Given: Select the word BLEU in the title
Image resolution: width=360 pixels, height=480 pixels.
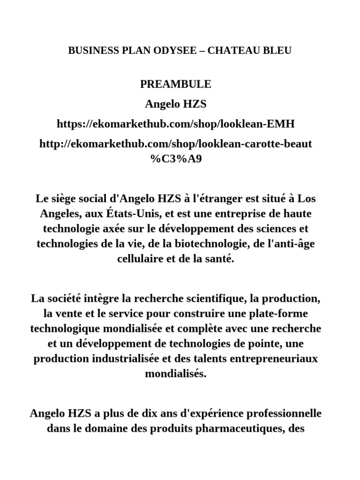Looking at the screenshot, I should click(x=278, y=50).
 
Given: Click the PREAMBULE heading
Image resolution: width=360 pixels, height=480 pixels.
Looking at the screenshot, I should click(x=176, y=84).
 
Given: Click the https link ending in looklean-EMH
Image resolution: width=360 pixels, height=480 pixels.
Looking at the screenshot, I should click(x=176, y=124).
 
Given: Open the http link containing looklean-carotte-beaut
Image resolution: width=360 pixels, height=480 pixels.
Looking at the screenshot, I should click(x=176, y=143).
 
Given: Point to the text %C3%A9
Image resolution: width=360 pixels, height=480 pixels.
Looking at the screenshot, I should click(x=176, y=158).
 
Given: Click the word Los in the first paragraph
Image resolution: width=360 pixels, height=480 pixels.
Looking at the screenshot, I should click(x=307, y=198).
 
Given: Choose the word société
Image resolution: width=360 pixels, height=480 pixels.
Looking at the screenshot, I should click(x=66, y=299).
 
